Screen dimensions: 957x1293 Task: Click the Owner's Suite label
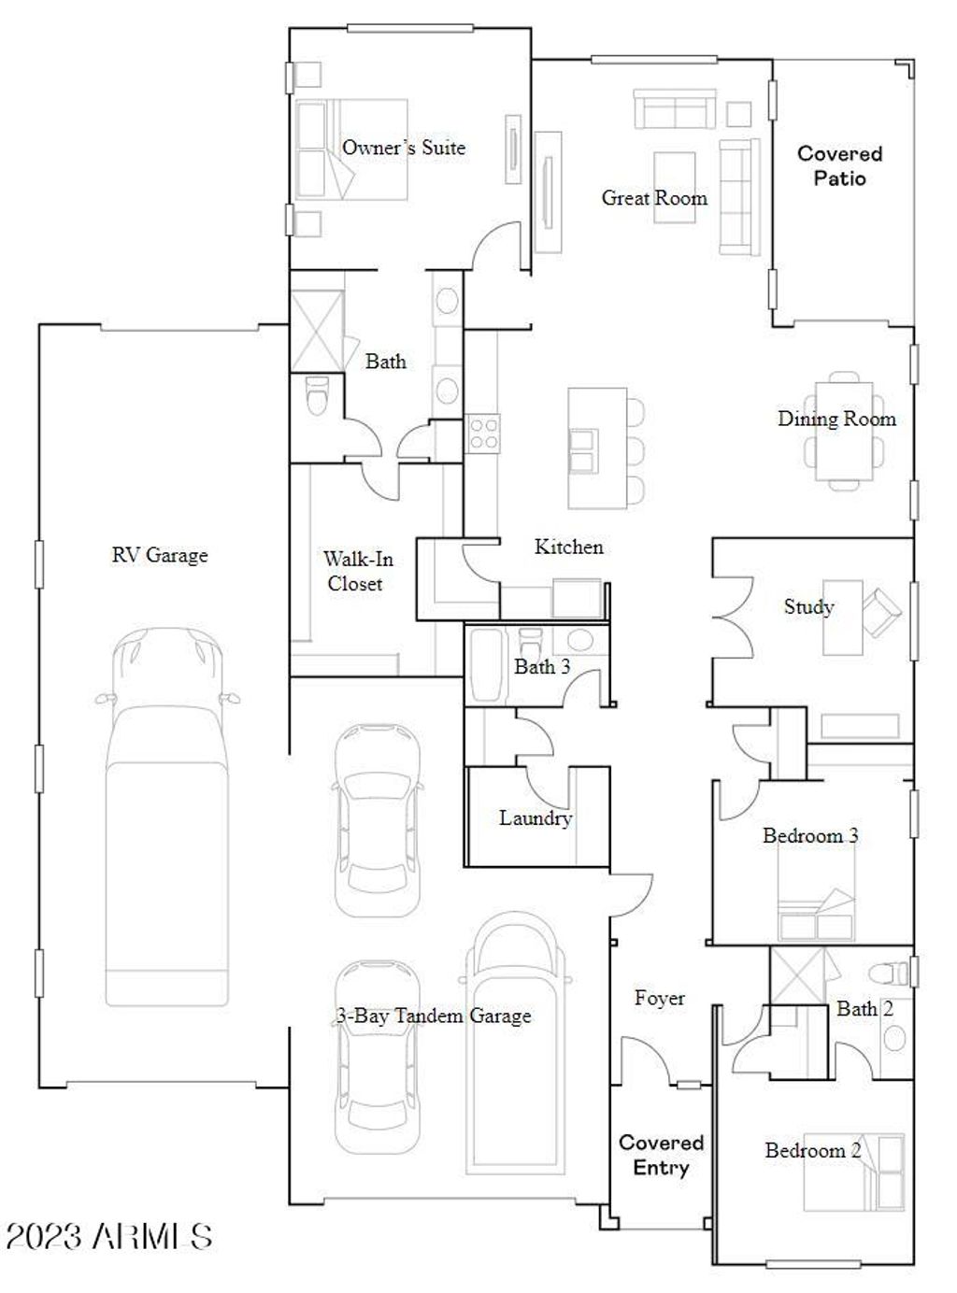point(404,148)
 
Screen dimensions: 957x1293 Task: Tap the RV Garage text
point(160,555)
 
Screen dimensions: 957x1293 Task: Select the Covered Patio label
point(840,166)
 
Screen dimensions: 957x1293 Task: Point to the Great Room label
point(654,198)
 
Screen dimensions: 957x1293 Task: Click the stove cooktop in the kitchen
point(483,433)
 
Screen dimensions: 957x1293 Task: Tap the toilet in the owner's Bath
point(317,394)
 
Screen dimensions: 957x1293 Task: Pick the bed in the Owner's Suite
point(351,149)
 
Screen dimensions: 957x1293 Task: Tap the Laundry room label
point(536,818)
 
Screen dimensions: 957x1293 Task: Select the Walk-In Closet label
point(357,572)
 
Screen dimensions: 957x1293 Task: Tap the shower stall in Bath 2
point(798,976)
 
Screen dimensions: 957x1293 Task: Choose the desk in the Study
point(843,618)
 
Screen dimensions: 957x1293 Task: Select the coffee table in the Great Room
point(675,188)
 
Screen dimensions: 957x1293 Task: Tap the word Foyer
point(660,998)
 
